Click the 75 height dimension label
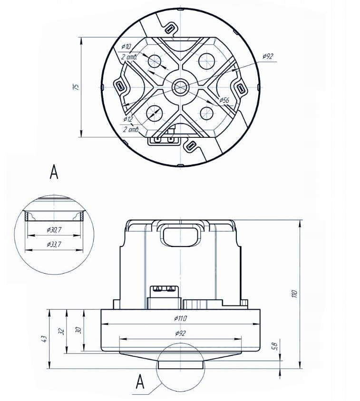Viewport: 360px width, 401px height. point(76,86)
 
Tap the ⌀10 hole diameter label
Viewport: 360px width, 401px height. point(126,46)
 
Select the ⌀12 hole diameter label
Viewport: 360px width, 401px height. point(128,119)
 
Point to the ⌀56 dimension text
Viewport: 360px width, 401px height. point(224,100)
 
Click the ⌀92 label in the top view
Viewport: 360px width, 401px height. point(268,56)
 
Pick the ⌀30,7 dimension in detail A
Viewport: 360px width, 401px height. point(54,230)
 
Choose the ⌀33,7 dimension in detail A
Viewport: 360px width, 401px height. point(54,245)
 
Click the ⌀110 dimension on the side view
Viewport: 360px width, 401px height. point(181,318)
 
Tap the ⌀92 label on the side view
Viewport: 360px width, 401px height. point(181,333)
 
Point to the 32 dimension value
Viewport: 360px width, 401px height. point(61,332)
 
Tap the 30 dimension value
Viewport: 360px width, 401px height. point(79,330)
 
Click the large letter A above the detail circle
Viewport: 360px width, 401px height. point(54,172)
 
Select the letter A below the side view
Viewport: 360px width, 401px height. point(140,382)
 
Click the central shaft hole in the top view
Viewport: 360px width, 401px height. point(181,87)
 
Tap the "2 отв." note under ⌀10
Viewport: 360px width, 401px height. point(129,57)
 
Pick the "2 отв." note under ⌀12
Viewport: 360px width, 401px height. point(131,130)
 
